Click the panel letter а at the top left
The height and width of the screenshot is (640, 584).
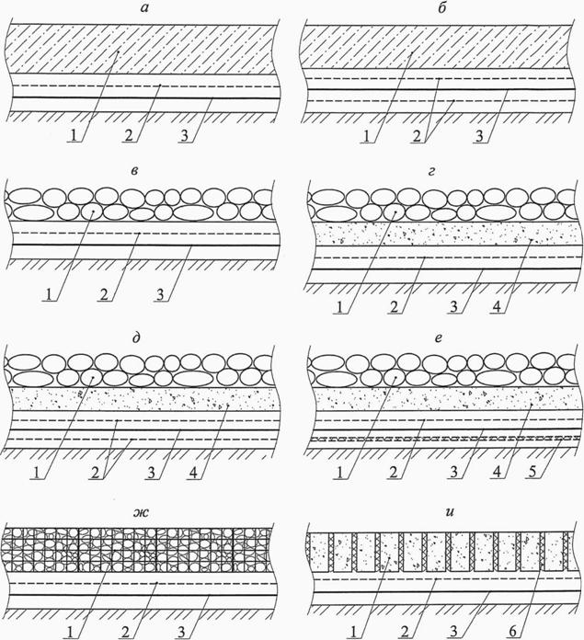pos(143,8)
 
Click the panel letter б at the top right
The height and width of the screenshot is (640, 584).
pos(441,7)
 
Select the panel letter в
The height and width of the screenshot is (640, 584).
pos(134,170)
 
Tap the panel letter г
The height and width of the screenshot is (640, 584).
pos(431,171)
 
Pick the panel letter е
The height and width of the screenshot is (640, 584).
pos(439,338)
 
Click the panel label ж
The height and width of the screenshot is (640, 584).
pos(141,512)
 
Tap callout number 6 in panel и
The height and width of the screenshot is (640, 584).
pos(513,631)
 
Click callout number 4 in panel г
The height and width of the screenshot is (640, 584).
pos(497,306)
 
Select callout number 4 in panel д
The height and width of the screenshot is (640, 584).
pos(193,473)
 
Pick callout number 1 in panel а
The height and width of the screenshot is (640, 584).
pos(74,135)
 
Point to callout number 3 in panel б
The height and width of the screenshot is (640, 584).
pos(480,135)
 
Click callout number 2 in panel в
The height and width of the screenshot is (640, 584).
pos(105,294)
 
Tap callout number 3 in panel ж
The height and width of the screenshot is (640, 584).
pos(181,632)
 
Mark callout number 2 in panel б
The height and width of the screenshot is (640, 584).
pos(417,135)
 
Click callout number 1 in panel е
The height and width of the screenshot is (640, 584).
pos(339,472)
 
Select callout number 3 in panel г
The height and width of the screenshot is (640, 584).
pos(454,306)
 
